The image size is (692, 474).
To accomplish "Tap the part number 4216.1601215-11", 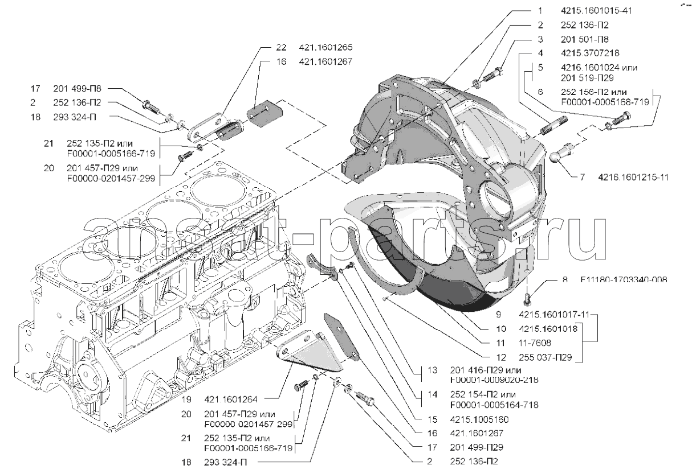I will [632, 177].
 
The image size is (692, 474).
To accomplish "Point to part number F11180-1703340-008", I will [624, 280].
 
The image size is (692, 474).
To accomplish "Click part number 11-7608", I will [534, 343].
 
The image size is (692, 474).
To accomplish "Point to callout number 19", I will [186, 398].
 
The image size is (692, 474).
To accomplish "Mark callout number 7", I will [582, 177].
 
